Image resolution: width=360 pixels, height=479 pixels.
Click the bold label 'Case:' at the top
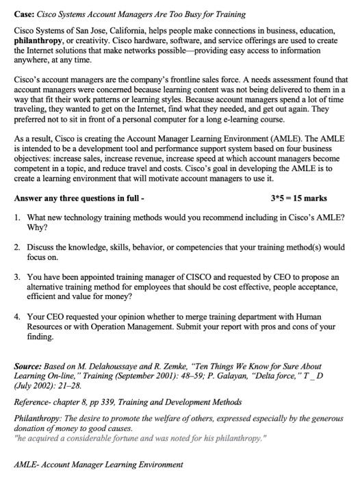[x=25, y=14]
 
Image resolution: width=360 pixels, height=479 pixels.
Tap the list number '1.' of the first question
[x=17, y=216]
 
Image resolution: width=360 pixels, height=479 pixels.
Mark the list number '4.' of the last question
[x=17, y=318]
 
